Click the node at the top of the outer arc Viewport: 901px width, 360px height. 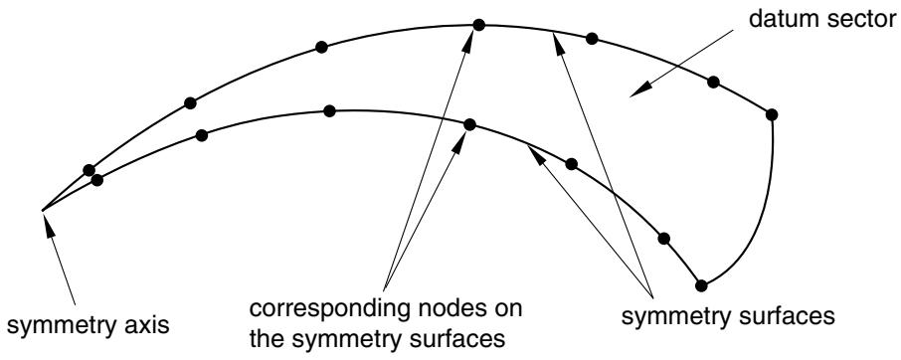(478, 25)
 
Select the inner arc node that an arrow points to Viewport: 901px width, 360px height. (469, 124)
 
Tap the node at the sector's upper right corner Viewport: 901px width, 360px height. (772, 114)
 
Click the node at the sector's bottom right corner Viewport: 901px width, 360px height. (701, 284)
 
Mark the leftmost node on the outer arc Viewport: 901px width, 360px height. (89, 170)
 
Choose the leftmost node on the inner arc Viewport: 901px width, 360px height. (97, 180)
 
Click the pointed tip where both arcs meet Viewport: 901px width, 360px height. (42, 210)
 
